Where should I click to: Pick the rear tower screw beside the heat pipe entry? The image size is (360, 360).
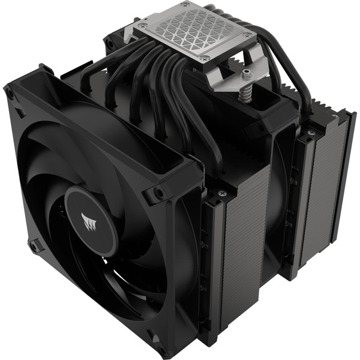pos(311,130)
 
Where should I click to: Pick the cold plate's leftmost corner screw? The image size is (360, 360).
pos(141,26)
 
